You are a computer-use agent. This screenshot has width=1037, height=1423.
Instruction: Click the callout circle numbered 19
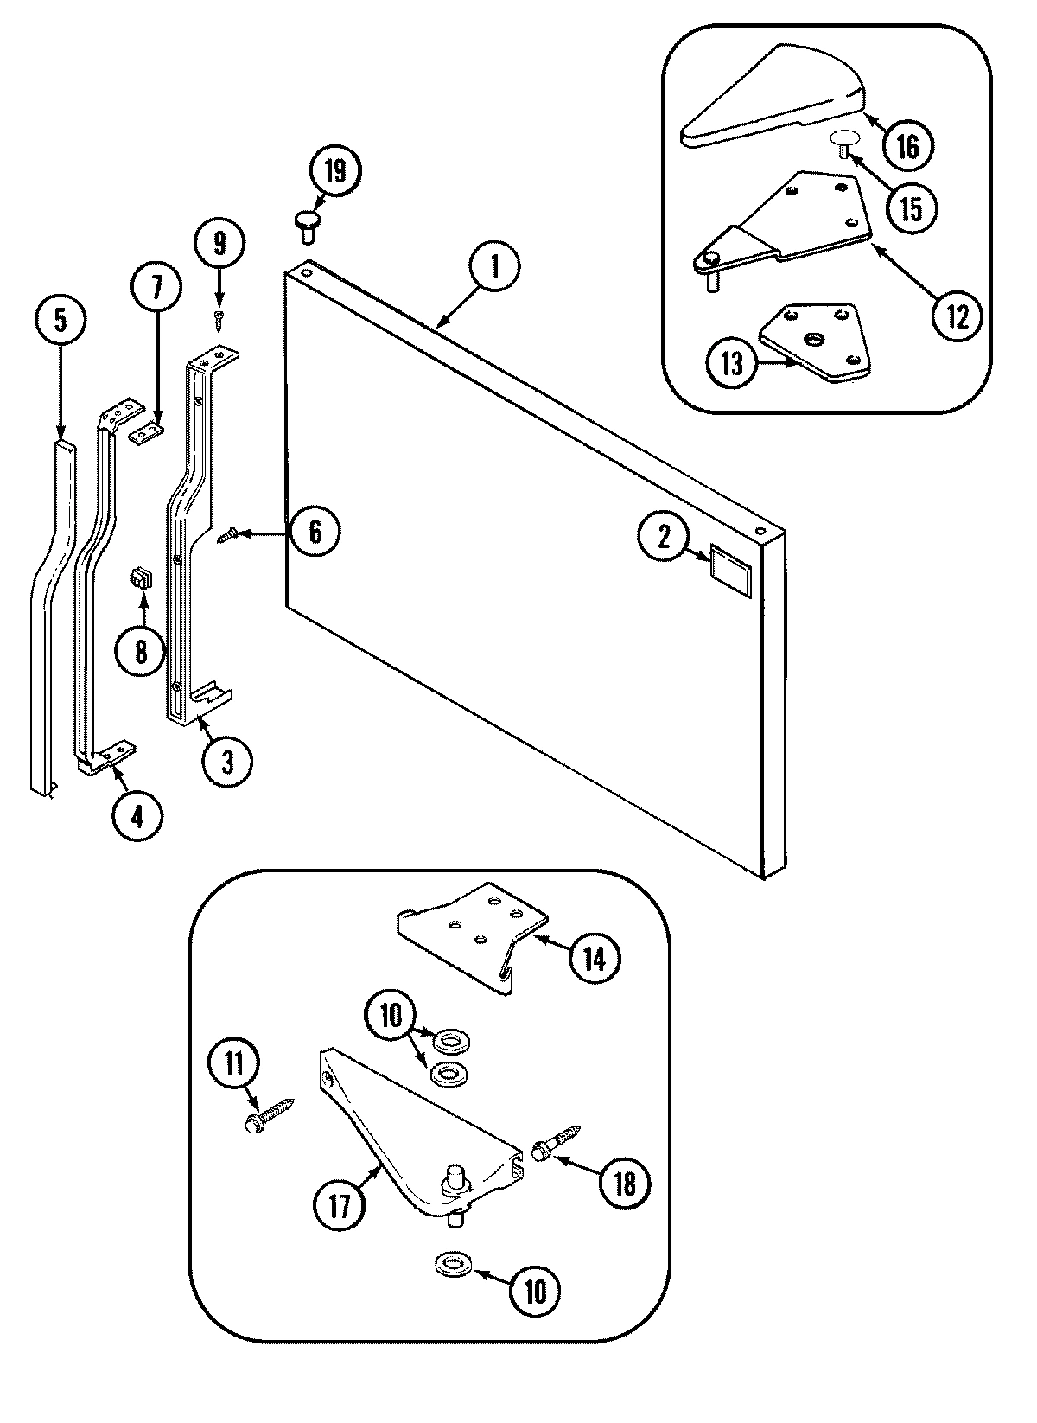pyautogui.click(x=334, y=170)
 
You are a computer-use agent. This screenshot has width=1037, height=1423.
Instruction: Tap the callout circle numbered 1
pyautogui.click(x=495, y=265)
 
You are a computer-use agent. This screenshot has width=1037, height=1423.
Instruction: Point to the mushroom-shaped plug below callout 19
pyautogui.click(x=307, y=226)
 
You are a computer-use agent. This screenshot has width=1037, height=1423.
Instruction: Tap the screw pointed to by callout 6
pyautogui.click(x=226, y=537)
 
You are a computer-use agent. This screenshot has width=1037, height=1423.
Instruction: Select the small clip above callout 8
pyautogui.click(x=140, y=577)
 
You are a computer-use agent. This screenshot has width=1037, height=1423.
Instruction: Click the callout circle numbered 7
pyautogui.click(x=156, y=288)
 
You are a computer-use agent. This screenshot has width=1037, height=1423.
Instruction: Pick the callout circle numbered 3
pyautogui.click(x=227, y=761)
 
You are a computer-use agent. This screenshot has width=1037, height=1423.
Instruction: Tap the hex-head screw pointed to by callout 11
pyautogui.click(x=268, y=1113)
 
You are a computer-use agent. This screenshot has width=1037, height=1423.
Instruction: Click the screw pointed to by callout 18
pyautogui.click(x=557, y=1142)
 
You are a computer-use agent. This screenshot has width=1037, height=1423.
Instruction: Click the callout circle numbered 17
pyautogui.click(x=340, y=1204)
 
